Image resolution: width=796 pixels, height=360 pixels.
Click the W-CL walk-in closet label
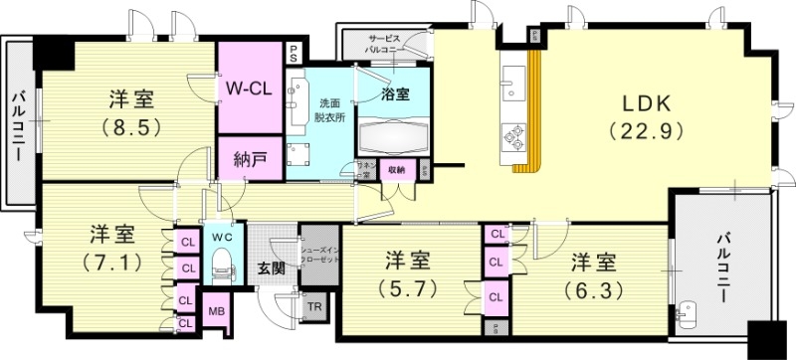(x=250, y=88)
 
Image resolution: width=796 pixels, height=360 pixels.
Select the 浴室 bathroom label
(x=395, y=94)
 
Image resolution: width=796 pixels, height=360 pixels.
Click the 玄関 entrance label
(x=270, y=268)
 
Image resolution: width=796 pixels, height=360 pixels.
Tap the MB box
(x=216, y=310)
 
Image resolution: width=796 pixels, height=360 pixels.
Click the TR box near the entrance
(x=313, y=307)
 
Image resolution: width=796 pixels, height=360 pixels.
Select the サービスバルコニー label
(x=383, y=42)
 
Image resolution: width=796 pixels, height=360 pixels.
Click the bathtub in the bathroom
(x=393, y=134)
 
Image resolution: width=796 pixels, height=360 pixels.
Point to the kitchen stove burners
(x=514, y=133)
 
